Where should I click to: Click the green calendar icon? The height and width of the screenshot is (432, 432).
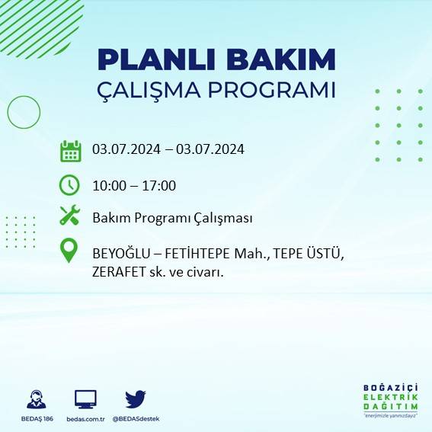tap(70, 150)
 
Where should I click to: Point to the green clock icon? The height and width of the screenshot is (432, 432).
tap(69, 184)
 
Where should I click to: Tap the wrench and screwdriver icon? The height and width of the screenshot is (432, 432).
tap(69, 216)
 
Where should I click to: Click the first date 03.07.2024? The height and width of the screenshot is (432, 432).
tap(126, 149)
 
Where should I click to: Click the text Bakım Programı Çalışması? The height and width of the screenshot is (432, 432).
tap(172, 218)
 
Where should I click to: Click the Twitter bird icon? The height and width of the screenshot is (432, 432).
tap(136, 399)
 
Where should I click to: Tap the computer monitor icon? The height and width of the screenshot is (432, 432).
tap(85, 399)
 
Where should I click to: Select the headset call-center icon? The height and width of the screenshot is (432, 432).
tap(35, 399)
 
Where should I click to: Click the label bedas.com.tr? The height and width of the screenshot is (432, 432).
tap(85, 419)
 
